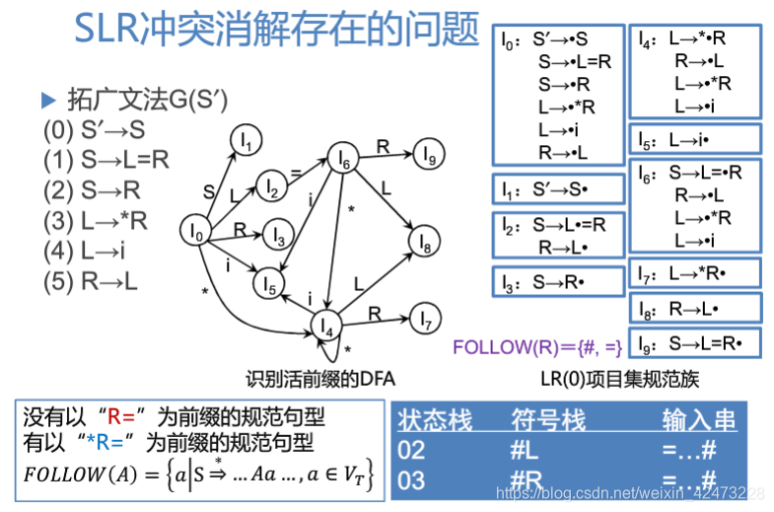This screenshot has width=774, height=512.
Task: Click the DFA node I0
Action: pos(197,233)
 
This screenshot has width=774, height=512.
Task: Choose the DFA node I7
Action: pos(425,320)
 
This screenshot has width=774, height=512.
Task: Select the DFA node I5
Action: pos(267,283)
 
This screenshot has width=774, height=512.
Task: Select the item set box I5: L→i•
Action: pos(695,139)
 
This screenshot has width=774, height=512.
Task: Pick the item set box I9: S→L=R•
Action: pos(695,344)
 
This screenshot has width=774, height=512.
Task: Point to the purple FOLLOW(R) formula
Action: pos(537,346)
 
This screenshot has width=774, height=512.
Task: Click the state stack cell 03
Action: pos(412,481)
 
